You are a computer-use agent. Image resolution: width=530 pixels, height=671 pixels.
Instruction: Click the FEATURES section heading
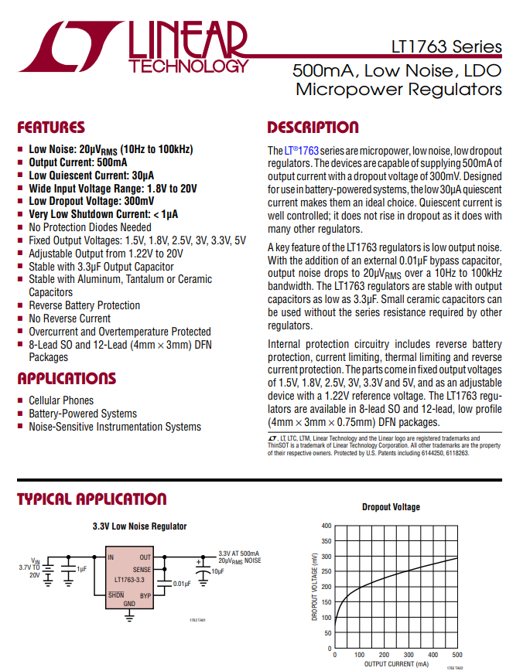(x=51, y=128)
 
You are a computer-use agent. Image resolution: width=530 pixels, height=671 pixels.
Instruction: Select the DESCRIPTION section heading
(x=313, y=128)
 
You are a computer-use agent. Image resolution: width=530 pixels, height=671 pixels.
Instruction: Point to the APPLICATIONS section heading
(x=67, y=379)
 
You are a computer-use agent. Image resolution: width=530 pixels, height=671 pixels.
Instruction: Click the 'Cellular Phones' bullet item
(x=61, y=400)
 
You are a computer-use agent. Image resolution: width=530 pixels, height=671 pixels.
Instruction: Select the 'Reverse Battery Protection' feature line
(x=84, y=305)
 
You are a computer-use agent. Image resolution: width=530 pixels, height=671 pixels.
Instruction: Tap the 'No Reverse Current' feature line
(x=70, y=318)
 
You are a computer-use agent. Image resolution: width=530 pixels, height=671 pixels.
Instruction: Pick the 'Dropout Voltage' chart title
(x=391, y=507)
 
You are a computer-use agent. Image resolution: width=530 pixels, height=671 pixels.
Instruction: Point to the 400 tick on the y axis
(x=326, y=526)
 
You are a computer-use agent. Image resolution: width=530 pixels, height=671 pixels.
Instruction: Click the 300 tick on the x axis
(x=408, y=655)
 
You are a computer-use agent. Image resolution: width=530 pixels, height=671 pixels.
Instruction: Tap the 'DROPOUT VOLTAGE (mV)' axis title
(x=314, y=586)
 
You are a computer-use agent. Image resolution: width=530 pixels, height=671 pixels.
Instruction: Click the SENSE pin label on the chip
(x=142, y=569)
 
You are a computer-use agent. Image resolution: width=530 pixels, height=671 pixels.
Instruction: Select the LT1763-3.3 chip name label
(x=129, y=580)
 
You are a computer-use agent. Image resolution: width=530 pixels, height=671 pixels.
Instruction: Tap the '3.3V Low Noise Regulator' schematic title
(x=139, y=526)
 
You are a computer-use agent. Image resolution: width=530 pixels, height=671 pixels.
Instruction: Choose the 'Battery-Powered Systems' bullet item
(x=83, y=414)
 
